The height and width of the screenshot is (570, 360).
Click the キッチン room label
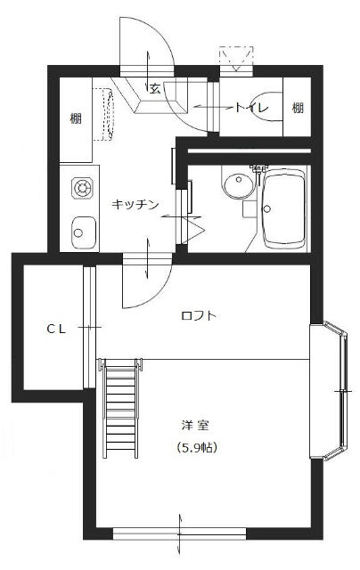point(135,205)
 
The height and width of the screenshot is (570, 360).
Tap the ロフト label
point(199,315)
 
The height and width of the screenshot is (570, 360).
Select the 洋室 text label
point(196,426)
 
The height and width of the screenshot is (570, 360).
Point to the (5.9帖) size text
point(196,447)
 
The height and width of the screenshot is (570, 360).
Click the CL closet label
point(56,329)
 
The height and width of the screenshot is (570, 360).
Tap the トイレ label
point(251,108)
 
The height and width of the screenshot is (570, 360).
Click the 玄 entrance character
point(155,88)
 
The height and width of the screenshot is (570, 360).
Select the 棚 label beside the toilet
point(298,108)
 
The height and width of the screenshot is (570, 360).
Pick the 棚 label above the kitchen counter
point(76,118)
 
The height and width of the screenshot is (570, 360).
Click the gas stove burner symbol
point(82,188)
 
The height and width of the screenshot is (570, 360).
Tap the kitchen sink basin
point(84,232)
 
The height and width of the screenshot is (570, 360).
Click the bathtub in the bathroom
point(284,208)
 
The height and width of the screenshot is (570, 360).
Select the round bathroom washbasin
point(239,185)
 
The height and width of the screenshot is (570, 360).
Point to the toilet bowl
point(266,107)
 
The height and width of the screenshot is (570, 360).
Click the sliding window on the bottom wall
point(180,533)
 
